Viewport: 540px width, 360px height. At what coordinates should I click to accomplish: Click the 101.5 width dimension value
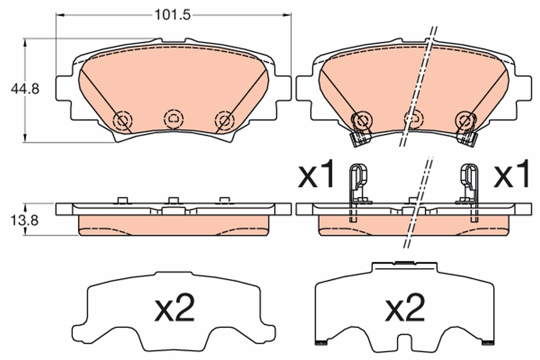[x=173, y=14]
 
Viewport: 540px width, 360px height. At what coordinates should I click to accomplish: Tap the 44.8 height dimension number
[x=25, y=89]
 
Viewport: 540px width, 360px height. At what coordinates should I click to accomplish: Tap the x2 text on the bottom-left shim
[x=174, y=309]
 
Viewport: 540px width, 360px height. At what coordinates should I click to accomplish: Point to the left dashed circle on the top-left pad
[x=122, y=120]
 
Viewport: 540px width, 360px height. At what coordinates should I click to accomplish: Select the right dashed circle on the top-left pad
[x=225, y=120]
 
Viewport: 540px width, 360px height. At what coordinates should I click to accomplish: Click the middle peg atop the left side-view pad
[x=173, y=200]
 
